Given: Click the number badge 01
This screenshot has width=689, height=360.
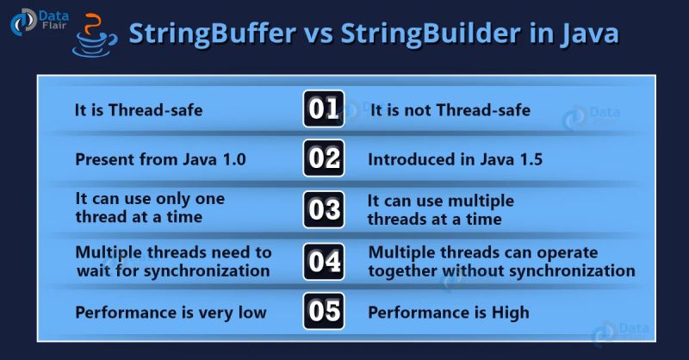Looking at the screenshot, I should [x=325, y=110].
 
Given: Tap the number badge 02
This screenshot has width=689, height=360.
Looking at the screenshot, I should [x=325, y=159].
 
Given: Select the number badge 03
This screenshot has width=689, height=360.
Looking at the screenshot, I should [x=325, y=209].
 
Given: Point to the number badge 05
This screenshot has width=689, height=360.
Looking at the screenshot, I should [x=325, y=311].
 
